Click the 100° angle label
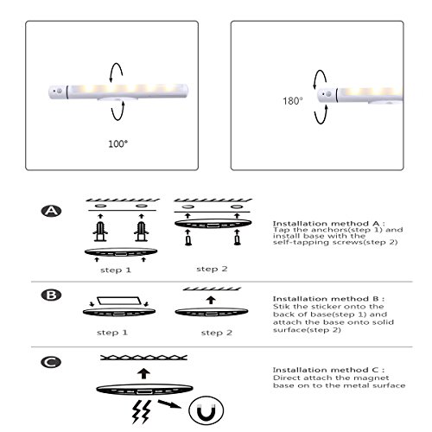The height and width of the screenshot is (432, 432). [118, 143]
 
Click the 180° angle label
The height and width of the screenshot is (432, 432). [292, 101]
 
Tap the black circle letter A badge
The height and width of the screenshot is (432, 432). [51, 211]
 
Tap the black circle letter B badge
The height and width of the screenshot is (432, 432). [51, 295]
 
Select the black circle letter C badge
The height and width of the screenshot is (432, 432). [51, 362]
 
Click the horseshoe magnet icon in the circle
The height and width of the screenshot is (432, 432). [206, 410]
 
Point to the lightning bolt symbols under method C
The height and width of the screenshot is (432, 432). [142, 411]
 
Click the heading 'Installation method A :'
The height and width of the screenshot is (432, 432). [328, 224]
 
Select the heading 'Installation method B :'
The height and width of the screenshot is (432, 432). [328, 299]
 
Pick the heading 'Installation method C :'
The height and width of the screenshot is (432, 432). [328, 370]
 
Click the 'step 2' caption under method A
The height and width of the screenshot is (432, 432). [212, 269]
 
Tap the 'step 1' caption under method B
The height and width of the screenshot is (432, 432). [112, 333]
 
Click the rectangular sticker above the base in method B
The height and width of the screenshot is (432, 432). [119, 301]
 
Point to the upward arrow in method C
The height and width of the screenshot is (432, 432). [144, 373]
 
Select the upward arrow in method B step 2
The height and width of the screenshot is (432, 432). [211, 300]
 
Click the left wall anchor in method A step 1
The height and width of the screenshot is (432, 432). [100, 232]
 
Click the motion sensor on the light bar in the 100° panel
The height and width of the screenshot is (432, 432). [60, 91]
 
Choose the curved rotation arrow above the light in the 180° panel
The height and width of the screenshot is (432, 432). [318, 79]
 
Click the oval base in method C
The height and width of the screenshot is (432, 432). [144, 390]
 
